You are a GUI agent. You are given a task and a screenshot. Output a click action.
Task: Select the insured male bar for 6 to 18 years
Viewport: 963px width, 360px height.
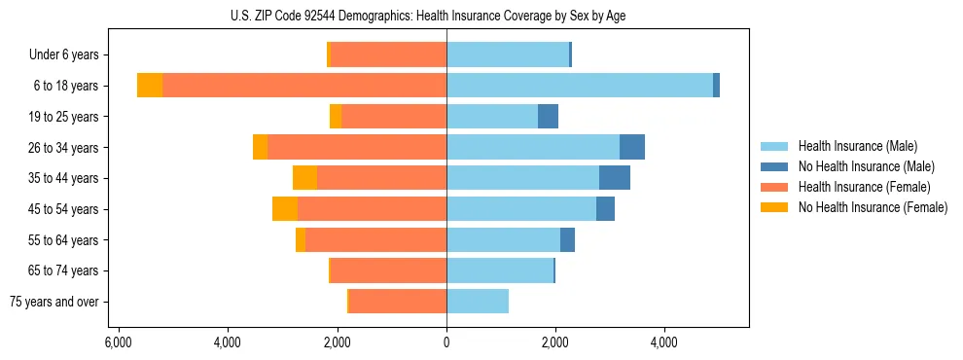coord(580,86)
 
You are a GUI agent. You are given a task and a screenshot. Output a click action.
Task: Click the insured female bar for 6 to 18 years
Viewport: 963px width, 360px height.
coord(304,86)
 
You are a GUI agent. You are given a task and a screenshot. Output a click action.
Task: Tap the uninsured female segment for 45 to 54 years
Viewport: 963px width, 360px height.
coord(285,209)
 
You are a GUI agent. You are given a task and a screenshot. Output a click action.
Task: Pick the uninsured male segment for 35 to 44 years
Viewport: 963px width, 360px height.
coord(615,178)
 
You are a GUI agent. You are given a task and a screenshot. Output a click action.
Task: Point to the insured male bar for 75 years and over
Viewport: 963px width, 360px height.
coord(478,302)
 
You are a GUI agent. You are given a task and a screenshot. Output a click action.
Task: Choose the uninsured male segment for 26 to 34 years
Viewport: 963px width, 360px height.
coord(632,147)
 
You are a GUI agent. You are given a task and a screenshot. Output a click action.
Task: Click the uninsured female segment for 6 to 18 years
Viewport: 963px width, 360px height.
coord(150,86)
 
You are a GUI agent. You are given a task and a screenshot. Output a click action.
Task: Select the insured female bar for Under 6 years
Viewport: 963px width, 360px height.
coord(389,54)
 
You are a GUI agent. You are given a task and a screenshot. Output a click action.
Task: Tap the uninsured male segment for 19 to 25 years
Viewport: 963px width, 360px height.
coord(548,117)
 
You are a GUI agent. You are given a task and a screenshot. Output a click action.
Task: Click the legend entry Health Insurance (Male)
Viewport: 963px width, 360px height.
coord(857,146)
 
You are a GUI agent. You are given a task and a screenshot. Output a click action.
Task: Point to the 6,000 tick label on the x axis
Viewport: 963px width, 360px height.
coord(118,343)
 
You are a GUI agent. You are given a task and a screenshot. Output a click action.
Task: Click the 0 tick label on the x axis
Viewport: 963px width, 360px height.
coord(446,343)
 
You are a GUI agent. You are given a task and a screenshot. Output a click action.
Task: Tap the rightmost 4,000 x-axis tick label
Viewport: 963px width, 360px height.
coord(664,343)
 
